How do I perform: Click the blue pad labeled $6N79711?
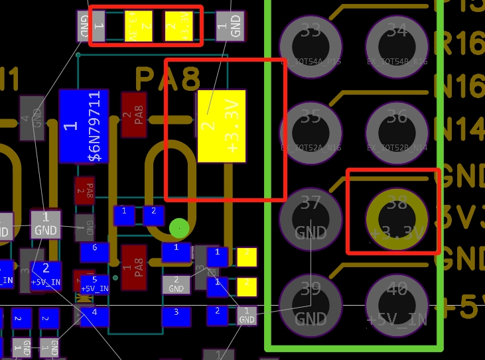coord(84,126)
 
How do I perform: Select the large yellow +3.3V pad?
coord(222,126)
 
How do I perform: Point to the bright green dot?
coord(179,228)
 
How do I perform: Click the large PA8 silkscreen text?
coord(168,79)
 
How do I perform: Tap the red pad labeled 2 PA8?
coord(133,114)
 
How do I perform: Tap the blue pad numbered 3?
coord(176,312)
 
